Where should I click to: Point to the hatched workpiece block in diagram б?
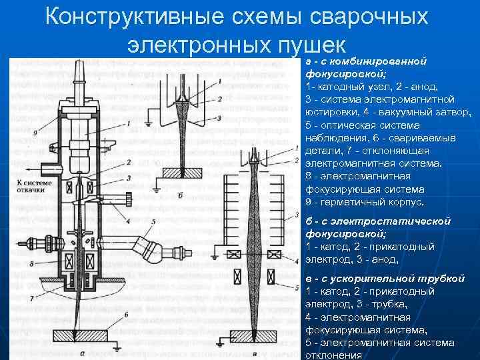181,173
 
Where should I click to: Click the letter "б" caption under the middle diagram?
181,195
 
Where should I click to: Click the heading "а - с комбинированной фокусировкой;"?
365,68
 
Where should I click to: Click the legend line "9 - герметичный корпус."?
364,201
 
